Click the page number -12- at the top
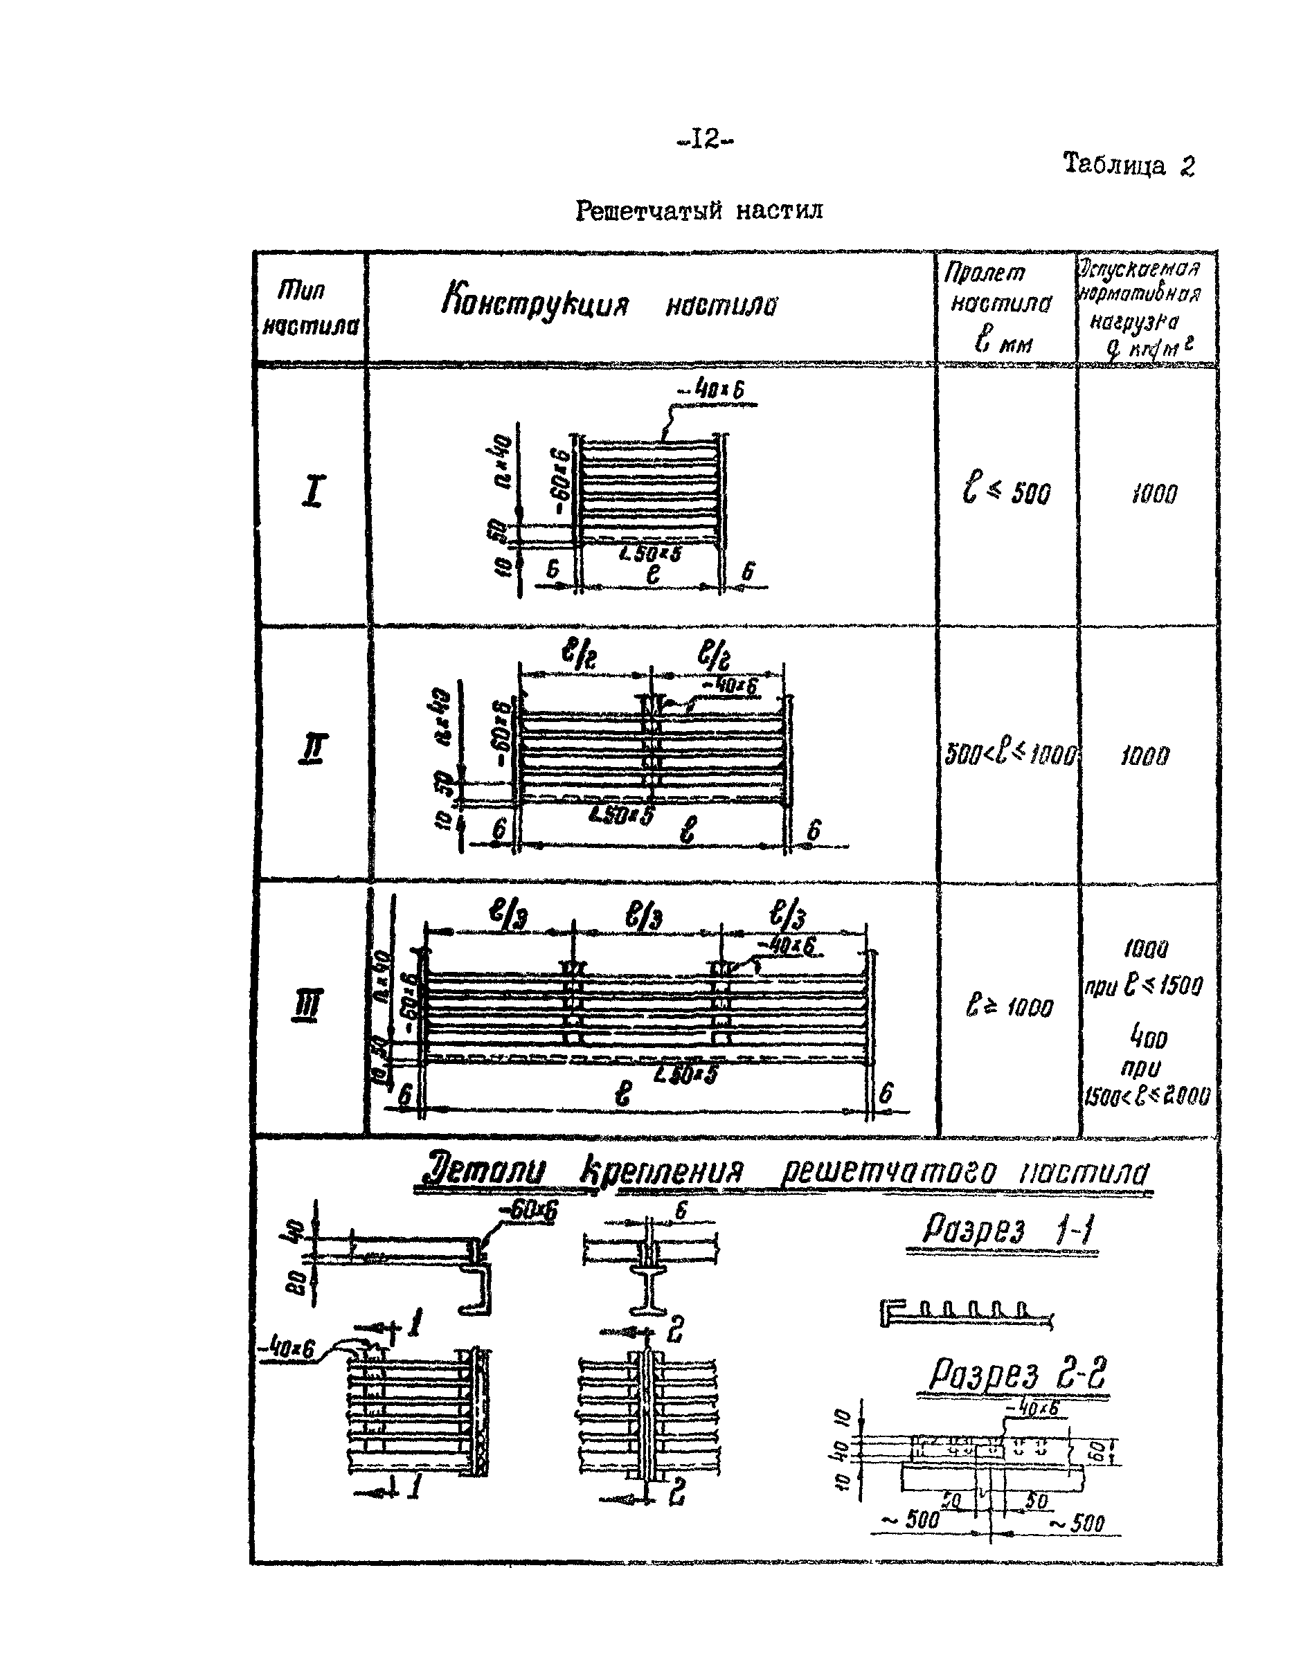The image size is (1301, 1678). tap(705, 139)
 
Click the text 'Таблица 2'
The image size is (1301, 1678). tap(1127, 165)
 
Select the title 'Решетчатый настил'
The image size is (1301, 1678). tap(699, 210)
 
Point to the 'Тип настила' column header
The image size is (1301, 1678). tap(309, 307)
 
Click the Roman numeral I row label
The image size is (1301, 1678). tap(313, 491)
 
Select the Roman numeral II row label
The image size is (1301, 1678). tap(312, 749)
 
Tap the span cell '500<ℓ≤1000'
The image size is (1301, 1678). tap(1010, 754)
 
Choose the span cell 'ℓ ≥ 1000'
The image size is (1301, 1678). tap(1008, 1006)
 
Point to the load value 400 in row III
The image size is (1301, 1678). tap(1147, 1039)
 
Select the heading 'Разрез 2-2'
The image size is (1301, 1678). tap(1016, 1373)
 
